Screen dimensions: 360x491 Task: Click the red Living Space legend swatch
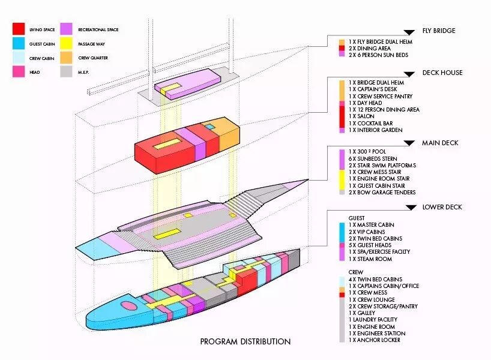click(x=19, y=29)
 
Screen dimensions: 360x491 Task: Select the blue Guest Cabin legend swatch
click(x=19, y=43)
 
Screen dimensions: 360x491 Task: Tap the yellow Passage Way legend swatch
click(x=66, y=43)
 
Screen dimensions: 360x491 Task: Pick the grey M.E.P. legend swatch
click(x=66, y=73)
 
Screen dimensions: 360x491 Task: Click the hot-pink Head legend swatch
click(x=19, y=73)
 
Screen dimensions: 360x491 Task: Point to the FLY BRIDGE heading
click(x=439, y=31)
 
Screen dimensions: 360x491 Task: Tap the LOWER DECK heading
click(x=441, y=207)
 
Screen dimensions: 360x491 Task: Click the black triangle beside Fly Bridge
click(x=410, y=32)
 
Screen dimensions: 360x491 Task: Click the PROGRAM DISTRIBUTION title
click(x=245, y=341)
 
